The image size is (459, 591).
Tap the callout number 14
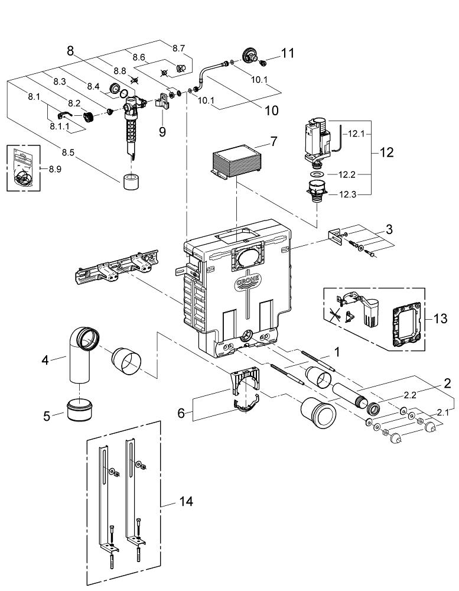pos(185,502)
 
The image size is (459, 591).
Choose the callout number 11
pos(287,54)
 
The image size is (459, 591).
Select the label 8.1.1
pos(60,126)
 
